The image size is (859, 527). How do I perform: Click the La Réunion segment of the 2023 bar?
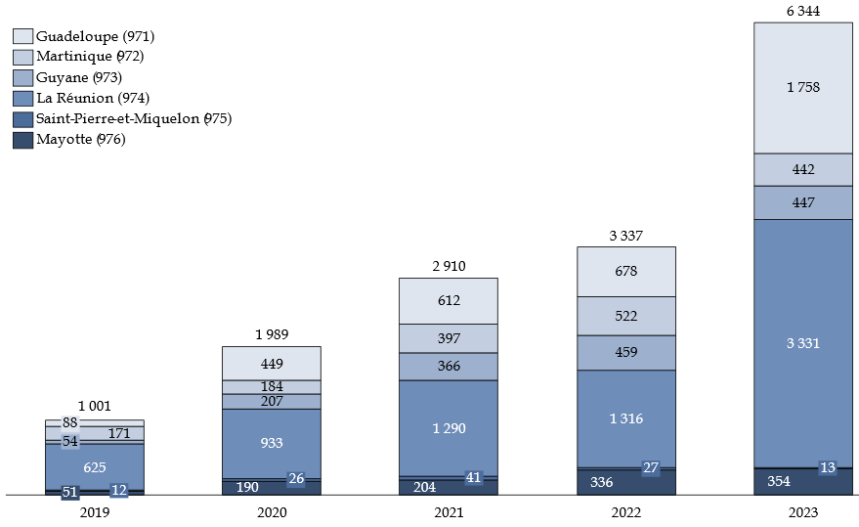[802, 343]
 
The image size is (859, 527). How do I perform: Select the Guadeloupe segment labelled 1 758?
[802, 87]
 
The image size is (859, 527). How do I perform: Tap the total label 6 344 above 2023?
[802, 11]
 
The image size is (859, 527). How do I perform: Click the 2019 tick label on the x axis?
[94, 511]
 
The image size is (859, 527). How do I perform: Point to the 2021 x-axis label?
[449, 511]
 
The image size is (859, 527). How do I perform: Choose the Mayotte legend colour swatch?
[23, 140]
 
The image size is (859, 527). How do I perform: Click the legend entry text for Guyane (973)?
[79, 77]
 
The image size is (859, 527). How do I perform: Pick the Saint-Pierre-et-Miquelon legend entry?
[133, 119]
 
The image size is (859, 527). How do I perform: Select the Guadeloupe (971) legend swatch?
[23, 36]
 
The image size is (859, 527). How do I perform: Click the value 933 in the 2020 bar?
[272, 443]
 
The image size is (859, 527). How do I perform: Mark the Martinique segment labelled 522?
[626, 316]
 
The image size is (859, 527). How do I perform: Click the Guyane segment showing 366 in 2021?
[449, 366]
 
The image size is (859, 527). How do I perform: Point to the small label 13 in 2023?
[828, 468]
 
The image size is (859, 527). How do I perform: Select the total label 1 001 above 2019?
[94, 407]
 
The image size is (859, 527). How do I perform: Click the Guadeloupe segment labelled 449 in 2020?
[272, 364]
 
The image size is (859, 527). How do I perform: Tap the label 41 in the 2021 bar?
[474, 478]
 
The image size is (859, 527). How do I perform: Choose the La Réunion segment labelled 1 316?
[626, 418]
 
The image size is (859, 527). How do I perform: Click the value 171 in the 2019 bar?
[117, 433]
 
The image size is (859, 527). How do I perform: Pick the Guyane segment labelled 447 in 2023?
[802, 202]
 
